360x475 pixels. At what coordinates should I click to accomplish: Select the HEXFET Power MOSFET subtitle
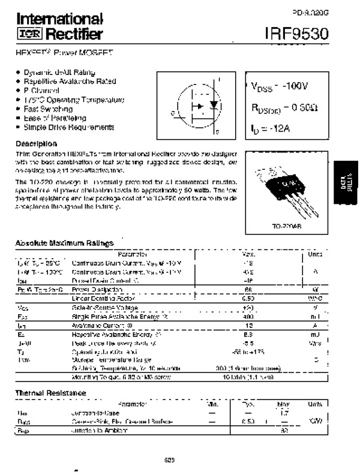click(65, 53)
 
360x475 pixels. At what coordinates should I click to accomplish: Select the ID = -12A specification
click(270, 128)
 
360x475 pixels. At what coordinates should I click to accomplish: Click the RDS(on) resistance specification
click(281, 108)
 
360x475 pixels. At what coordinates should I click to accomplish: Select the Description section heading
click(36, 144)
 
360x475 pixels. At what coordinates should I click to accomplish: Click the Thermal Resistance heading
click(50, 393)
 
